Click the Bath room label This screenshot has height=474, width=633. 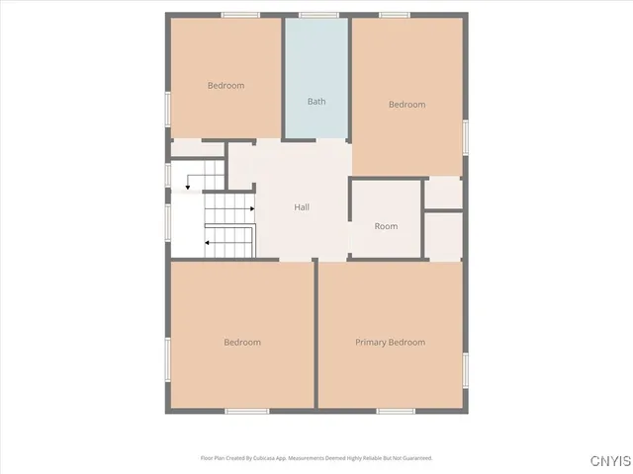pyautogui.click(x=316, y=102)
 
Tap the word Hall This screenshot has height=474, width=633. pyautogui.click(x=302, y=207)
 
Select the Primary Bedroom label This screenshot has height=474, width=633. pyautogui.click(x=391, y=343)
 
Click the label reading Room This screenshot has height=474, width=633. pyautogui.click(x=386, y=227)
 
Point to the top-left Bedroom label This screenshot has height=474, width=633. pyautogui.click(x=226, y=86)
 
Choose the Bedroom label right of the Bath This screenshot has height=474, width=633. pyautogui.click(x=407, y=105)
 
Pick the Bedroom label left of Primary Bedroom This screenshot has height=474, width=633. pyautogui.click(x=242, y=343)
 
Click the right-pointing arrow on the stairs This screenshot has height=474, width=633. pyautogui.click(x=252, y=209)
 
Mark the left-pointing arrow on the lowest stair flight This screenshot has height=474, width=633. pyautogui.click(x=208, y=241)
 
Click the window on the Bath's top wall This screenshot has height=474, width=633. pyautogui.click(x=316, y=15)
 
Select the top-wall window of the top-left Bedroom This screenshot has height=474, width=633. pyautogui.click(x=240, y=15)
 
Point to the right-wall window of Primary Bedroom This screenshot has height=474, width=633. pyautogui.click(x=465, y=367)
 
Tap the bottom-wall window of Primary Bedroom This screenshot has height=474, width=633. pyautogui.click(x=395, y=411)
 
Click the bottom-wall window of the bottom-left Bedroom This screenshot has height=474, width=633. pyautogui.click(x=247, y=411)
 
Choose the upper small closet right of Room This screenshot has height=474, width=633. pyautogui.click(x=445, y=193)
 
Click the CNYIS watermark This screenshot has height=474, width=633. pyautogui.click(x=606, y=461)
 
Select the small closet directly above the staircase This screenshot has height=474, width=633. pyautogui.click(x=198, y=148)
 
